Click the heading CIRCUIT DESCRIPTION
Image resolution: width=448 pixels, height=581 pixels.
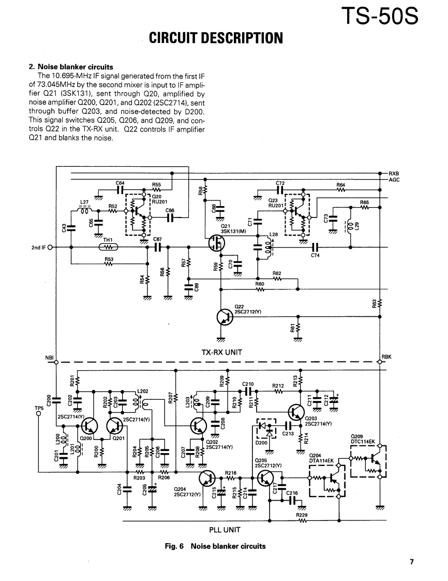pyautogui.click(x=216, y=38)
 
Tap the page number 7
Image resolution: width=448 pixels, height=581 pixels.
pyautogui.click(x=411, y=561)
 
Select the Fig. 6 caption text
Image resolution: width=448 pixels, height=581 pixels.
pyautogui.click(x=215, y=546)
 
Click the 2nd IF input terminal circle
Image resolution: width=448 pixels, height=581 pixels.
pyautogui.click(x=50, y=247)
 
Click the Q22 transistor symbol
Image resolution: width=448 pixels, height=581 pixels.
pyautogui.click(x=225, y=317)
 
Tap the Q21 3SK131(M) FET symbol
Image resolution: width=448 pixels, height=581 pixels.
pyautogui.click(x=216, y=243)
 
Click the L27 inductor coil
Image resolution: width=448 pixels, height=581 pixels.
pyautogui.click(x=84, y=210)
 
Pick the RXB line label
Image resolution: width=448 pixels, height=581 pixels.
pyautogui.click(x=394, y=173)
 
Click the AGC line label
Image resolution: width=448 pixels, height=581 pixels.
pyautogui.click(x=394, y=180)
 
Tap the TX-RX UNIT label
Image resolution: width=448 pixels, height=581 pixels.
pyautogui.click(x=222, y=352)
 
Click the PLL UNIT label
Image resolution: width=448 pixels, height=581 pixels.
pyautogui.click(x=225, y=530)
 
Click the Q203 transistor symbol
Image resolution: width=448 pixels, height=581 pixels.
pyautogui.click(x=296, y=411)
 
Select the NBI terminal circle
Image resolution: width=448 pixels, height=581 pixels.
pyautogui.click(x=56, y=362)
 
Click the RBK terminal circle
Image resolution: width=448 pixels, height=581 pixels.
pyautogui.click(x=380, y=362)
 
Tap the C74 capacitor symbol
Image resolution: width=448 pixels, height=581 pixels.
pyautogui.click(x=315, y=247)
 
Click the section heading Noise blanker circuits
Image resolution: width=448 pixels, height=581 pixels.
pyautogui.click(x=71, y=67)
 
